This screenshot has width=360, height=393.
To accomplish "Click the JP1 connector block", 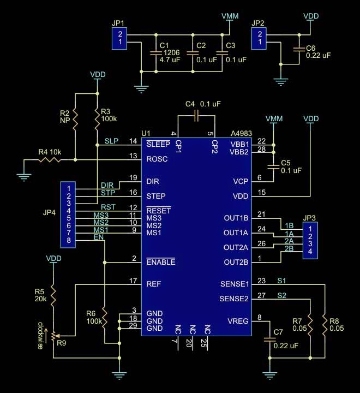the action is (x=119, y=38).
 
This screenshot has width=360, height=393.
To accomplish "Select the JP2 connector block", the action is (x=259, y=38).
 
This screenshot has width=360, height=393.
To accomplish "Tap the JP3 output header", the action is (x=310, y=240).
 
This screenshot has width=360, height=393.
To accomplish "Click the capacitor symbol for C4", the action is (x=196, y=116).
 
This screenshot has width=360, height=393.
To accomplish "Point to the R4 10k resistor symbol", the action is (x=50, y=159).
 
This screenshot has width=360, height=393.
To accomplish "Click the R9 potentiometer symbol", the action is (x=54, y=336).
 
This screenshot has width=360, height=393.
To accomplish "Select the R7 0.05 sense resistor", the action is (x=310, y=325).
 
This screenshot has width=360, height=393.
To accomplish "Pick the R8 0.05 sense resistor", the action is (x=325, y=325).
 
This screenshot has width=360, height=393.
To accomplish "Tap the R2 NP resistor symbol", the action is (x=75, y=120).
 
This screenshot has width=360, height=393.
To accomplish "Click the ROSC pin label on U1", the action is (x=157, y=159).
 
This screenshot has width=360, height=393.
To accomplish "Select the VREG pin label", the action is (x=238, y=321).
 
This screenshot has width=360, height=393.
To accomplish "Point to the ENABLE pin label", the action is (x=160, y=261).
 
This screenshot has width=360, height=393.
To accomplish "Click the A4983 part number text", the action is (x=241, y=133).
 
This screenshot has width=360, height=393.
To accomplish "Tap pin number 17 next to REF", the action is (x=133, y=281).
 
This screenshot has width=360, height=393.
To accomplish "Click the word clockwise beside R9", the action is (x=40, y=336).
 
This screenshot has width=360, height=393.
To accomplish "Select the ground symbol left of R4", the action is (x=24, y=177).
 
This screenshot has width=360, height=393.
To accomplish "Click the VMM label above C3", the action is (x=230, y=16).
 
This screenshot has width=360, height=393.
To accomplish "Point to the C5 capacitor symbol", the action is (x=273, y=167).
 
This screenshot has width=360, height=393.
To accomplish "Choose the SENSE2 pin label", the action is (x=234, y=299).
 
